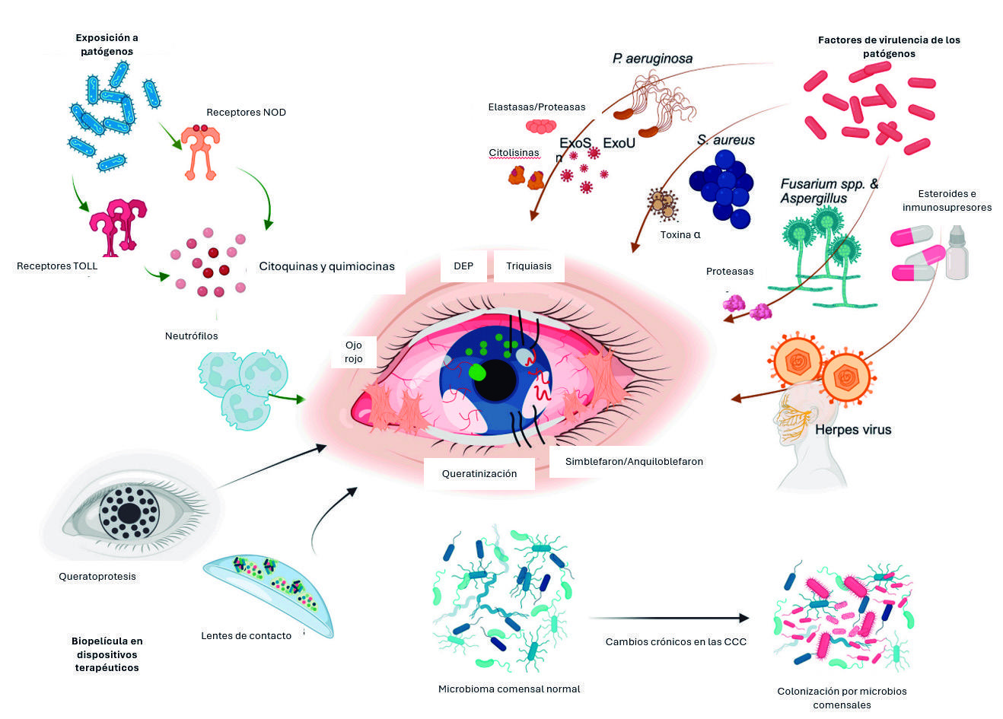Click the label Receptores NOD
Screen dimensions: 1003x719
point(246,113)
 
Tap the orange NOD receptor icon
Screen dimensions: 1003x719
point(200,152)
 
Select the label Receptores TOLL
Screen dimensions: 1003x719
point(57,266)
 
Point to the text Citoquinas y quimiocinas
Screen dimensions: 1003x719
point(327,266)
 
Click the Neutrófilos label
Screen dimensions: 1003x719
point(191,336)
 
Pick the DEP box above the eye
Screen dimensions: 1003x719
point(463,266)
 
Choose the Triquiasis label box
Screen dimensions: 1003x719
point(529,266)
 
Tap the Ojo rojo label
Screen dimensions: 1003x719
point(354,352)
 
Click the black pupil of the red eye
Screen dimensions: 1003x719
point(495,380)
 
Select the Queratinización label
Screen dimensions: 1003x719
point(479,474)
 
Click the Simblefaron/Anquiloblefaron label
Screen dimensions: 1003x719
point(634,462)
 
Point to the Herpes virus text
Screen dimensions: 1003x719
point(853,430)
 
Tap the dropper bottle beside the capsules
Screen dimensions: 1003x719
point(957,253)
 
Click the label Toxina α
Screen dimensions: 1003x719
point(680,235)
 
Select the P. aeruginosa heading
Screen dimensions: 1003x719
point(652,59)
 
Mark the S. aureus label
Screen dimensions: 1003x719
point(725,140)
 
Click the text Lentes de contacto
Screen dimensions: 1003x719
point(246,636)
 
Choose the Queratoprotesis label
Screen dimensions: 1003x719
point(97,577)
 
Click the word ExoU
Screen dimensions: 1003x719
point(619,143)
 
